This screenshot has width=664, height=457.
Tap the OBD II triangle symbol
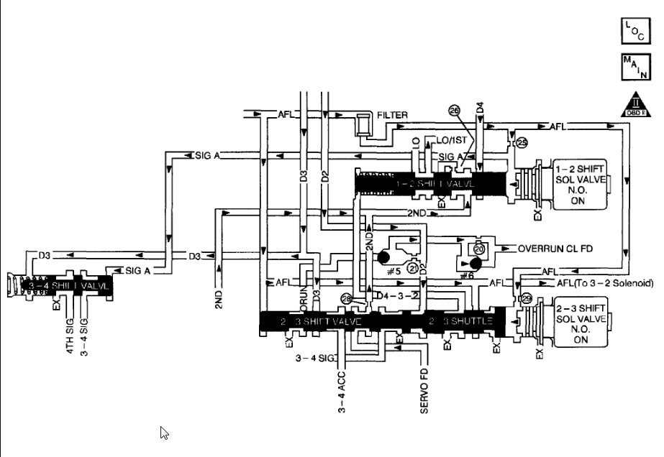634,106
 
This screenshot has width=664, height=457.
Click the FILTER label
392,115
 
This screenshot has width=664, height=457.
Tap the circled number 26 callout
454,110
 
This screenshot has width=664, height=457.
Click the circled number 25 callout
522,143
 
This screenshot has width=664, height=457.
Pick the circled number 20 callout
479,249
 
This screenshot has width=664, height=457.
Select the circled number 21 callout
412,267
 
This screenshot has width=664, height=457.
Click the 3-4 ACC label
342,392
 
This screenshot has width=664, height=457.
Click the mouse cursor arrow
164,433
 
